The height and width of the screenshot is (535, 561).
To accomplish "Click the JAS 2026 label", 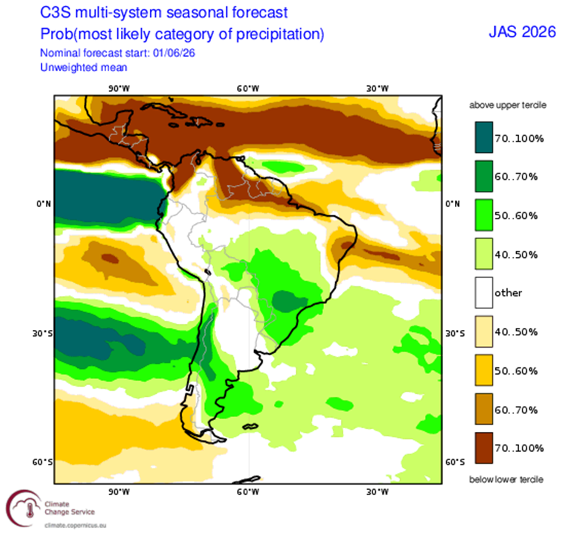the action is pyautogui.click(x=522, y=32).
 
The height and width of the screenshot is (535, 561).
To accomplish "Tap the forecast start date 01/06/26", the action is pyautogui.click(x=174, y=53).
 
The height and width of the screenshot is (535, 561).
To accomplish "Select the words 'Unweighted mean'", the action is pyautogui.click(x=83, y=68).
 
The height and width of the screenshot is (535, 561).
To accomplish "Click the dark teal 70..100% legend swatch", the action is pyautogui.click(x=484, y=138).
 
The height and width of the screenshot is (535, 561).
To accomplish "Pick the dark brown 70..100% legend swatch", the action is pyautogui.click(x=484, y=448).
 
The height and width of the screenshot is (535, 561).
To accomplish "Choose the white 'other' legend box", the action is pyautogui.click(x=484, y=292).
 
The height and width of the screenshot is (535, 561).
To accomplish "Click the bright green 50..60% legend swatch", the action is pyautogui.click(x=484, y=215).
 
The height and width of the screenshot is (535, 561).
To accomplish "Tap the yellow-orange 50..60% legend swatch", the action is pyautogui.click(x=484, y=370).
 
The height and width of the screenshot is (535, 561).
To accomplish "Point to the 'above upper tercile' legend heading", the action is pyautogui.click(x=508, y=105).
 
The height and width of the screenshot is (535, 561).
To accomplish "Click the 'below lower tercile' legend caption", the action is pyautogui.click(x=506, y=480).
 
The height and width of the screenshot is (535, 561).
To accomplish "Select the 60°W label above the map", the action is pyautogui.click(x=247, y=88).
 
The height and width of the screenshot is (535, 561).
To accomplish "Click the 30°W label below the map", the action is pyautogui.click(x=377, y=492).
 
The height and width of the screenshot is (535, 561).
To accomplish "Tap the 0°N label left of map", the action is pyautogui.click(x=44, y=204).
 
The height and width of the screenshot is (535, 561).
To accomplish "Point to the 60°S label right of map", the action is pyautogui.click(x=455, y=463).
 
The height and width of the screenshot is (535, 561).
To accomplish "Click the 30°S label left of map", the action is pyautogui.click(x=42, y=334).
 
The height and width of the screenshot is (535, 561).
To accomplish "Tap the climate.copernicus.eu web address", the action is pyautogui.click(x=75, y=526).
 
